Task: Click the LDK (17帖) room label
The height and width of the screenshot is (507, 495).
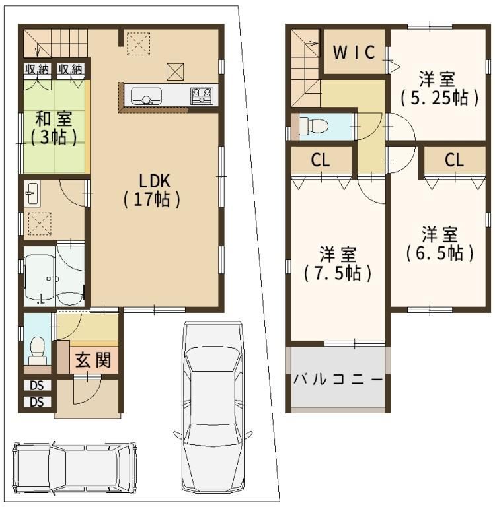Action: coord(152,190)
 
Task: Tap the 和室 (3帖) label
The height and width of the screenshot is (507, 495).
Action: coord(54,128)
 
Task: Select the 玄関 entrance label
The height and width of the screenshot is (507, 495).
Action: coord(93,360)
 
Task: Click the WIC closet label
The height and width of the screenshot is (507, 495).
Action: coord(354,52)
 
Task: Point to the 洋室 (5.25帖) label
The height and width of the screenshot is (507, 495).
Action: coord(439,88)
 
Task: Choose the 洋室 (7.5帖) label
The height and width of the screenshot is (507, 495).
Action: coord(337,263)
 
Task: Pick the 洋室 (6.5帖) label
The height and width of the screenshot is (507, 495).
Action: coord(439,244)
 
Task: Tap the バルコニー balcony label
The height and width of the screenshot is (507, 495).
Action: coord(338,379)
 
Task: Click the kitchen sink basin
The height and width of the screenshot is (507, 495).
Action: coord(146,96)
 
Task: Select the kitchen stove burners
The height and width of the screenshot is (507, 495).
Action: coord(202,96)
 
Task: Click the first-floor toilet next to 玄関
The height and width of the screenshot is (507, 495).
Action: coord(38,351)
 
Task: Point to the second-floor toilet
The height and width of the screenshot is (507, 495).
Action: coord(313,125)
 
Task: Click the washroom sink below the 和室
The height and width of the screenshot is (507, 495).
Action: coord(32,193)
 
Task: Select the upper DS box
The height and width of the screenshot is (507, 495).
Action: coord(37,385)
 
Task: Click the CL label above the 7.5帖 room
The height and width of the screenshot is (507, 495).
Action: coord(321,160)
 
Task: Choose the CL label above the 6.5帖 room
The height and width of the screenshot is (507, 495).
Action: coord(454,160)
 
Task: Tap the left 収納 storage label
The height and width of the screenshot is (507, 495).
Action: coord(37,69)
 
